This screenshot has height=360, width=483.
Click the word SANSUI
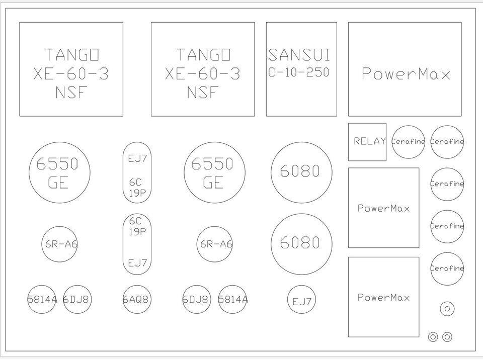[x=299, y=55]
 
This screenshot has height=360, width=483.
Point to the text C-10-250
[x=298, y=72]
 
